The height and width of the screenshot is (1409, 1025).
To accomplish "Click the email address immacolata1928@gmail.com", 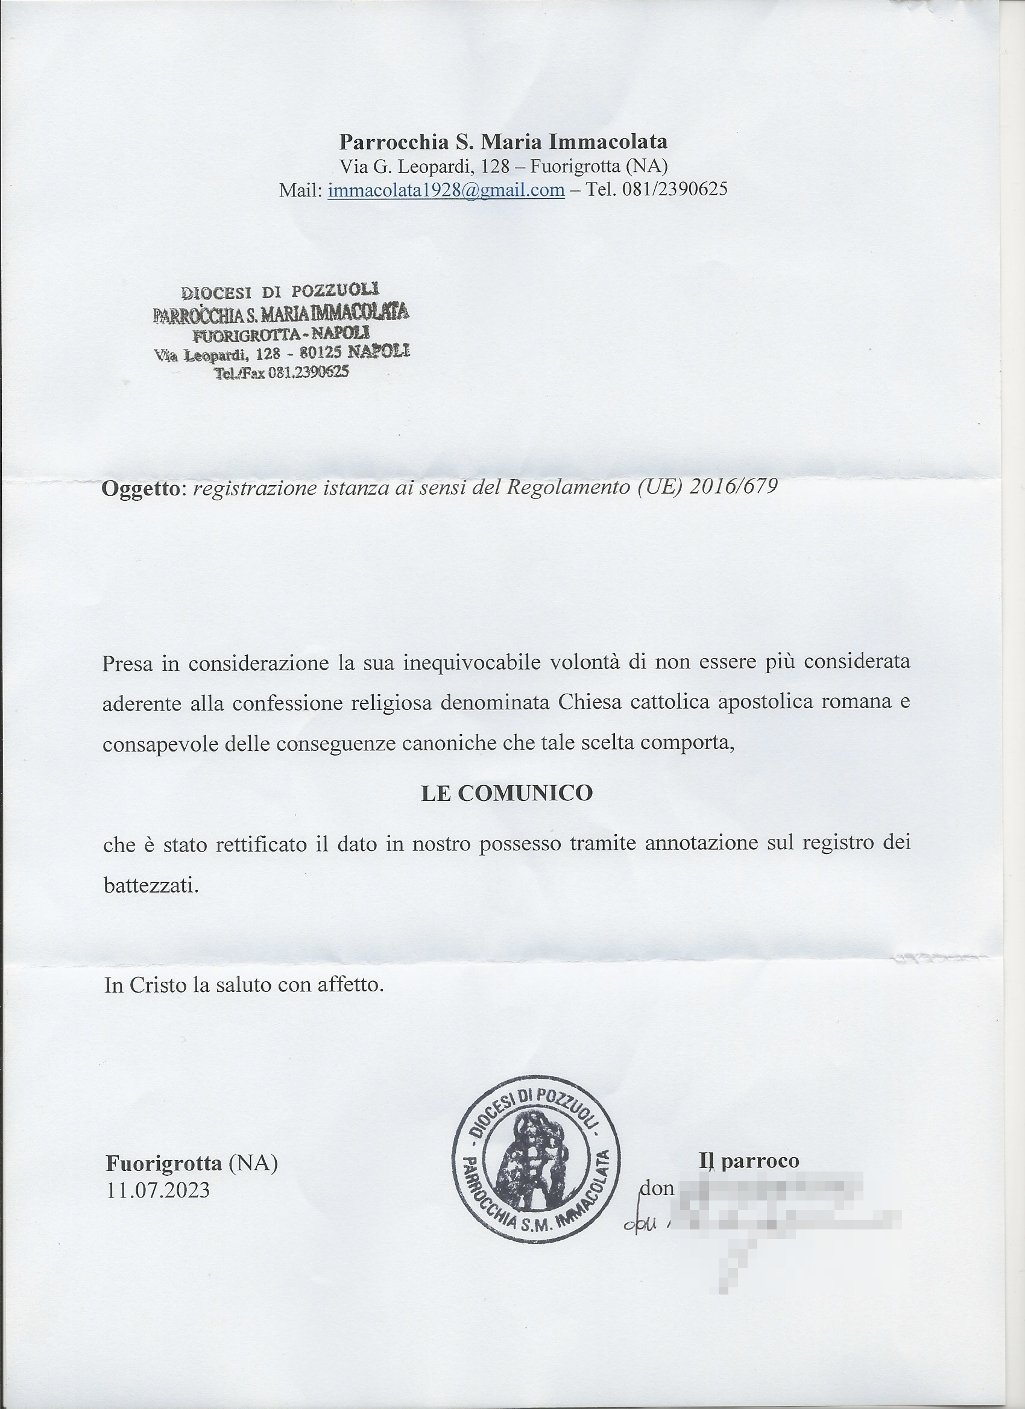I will (x=446, y=189).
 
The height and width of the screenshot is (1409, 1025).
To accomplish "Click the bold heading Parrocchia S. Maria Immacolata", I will (x=503, y=142).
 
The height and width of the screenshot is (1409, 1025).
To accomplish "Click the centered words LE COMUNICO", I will (x=506, y=793).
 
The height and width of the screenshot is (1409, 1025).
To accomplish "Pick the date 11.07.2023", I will (x=158, y=1190).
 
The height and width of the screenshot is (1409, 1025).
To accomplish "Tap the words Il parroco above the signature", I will (x=749, y=1161).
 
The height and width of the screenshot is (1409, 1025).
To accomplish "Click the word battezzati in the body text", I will (x=151, y=885).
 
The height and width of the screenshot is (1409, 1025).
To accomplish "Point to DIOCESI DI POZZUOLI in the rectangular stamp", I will (x=280, y=290).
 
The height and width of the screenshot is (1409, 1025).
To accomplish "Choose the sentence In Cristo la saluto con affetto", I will (x=244, y=985).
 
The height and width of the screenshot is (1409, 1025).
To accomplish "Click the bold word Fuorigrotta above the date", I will (x=163, y=1163).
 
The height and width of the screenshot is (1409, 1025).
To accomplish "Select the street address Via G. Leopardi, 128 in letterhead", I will (x=424, y=166).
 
